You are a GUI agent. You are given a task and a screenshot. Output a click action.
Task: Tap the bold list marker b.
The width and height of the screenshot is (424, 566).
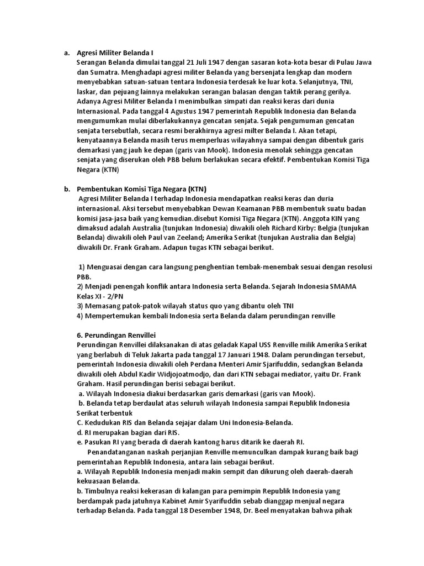click(67, 189)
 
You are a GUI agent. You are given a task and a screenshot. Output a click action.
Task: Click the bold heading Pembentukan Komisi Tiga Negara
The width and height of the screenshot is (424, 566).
click(142, 189)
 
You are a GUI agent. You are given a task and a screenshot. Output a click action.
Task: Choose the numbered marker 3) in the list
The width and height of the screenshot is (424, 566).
click(81, 306)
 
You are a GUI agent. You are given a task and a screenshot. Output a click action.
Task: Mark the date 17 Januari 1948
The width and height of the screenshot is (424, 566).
click(239, 354)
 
